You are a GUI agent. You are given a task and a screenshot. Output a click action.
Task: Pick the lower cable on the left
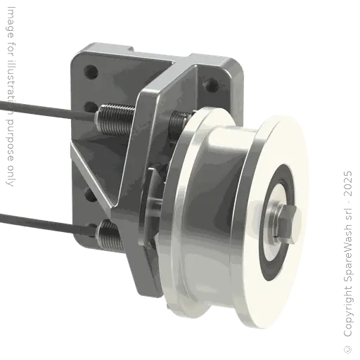click(42, 219)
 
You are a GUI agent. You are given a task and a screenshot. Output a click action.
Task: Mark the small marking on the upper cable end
click(10, 105)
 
